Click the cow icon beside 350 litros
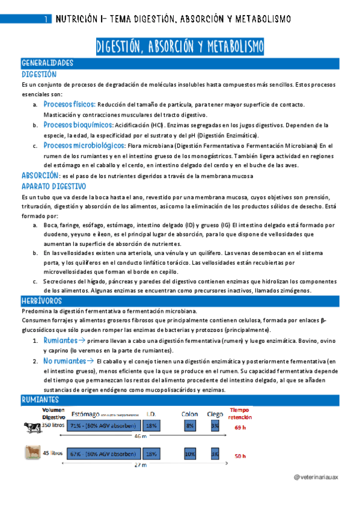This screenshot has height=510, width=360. pyautogui.click(x=29, y=426)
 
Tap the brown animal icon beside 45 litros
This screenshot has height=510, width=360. pyautogui.click(x=30, y=453)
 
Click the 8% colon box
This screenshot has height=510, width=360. pyautogui.click(x=190, y=425)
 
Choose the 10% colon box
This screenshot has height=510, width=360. pyautogui.click(x=190, y=454)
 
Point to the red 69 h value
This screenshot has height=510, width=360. pyautogui.click(x=240, y=428)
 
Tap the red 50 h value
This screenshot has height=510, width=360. pyautogui.click(x=240, y=456)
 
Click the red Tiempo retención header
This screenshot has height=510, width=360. pyautogui.click(x=240, y=414)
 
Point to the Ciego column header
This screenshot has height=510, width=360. pyautogui.click(x=214, y=414)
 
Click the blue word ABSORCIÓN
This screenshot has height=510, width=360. pyautogui.click(x=40, y=175)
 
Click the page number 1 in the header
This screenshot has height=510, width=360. pyautogui.click(x=46, y=20)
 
